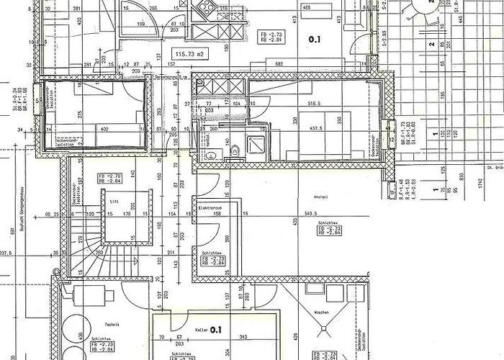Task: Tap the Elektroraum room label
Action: pyautogui.click(x=210, y=207)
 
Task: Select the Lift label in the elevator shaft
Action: pyautogui.click(x=113, y=202)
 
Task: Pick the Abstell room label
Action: pyautogui.click(x=322, y=197)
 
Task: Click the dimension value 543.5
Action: pyautogui.click(x=312, y=214)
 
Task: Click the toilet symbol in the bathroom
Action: pyautogui.click(x=235, y=150)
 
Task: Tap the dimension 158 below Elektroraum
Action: pyautogui.click(x=214, y=214)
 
